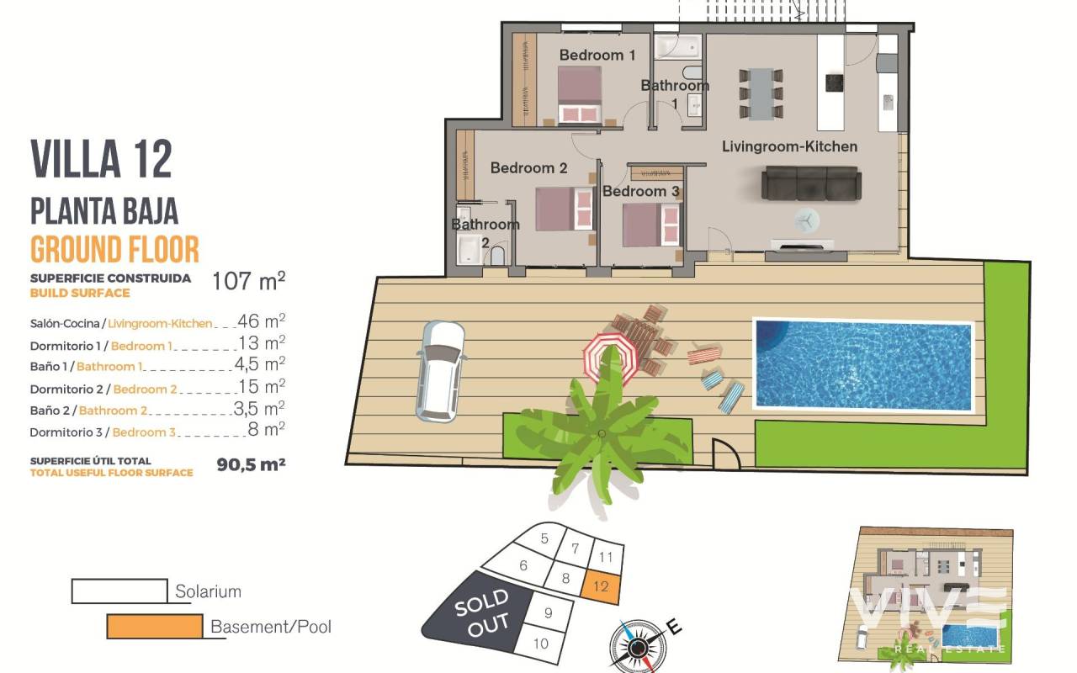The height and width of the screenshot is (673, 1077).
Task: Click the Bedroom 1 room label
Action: pos(597,56)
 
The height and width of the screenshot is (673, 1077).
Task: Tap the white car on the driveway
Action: pos(440,372)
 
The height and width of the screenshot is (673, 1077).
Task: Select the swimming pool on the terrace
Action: pos(863,365)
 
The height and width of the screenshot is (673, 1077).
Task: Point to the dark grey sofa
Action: pos(811,183)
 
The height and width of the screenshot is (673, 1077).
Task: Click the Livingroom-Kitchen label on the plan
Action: pos(789,146)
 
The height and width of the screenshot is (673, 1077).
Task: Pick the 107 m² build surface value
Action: pos(248,281)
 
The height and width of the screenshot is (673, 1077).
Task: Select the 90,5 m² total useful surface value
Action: pos(251,464)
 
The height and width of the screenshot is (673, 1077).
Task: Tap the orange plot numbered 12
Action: pos(601,586)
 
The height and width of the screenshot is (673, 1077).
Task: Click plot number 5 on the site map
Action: pos(544,538)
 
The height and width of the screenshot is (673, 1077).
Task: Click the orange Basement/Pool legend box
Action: pos(154,627)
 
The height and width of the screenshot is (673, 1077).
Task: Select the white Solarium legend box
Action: pos(119,591)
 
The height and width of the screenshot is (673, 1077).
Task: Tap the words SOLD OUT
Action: pos(482,614)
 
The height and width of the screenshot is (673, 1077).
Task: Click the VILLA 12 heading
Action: pos(102,160)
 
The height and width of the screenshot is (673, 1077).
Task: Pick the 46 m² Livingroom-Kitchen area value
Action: pos(262,321)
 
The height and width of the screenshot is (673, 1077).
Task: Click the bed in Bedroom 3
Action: pos(651,225)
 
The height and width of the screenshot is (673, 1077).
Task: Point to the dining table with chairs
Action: pos(761,93)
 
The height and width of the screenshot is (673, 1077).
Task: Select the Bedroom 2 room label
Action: pos(529,168)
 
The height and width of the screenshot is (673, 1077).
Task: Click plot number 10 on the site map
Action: pos(541,644)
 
